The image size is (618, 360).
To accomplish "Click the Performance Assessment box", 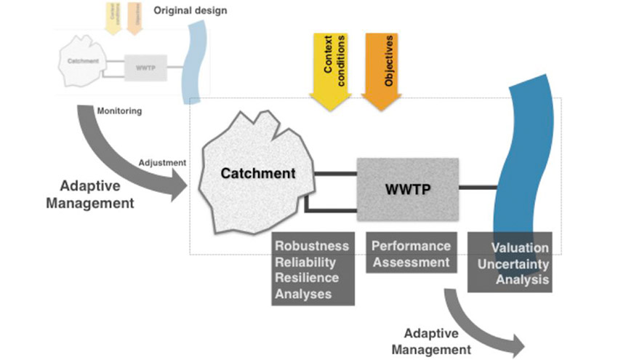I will click(x=411, y=254).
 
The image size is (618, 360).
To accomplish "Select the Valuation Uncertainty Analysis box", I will click(x=509, y=262).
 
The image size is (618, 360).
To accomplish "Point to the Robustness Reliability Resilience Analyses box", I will click(x=312, y=268).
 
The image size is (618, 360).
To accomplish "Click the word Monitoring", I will click(x=119, y=111).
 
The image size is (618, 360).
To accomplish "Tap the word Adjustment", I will click(x=161, y=162).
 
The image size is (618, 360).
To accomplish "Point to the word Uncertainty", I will click(x=510, y=263).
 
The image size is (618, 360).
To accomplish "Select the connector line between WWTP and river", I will click(x=478, y=188).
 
